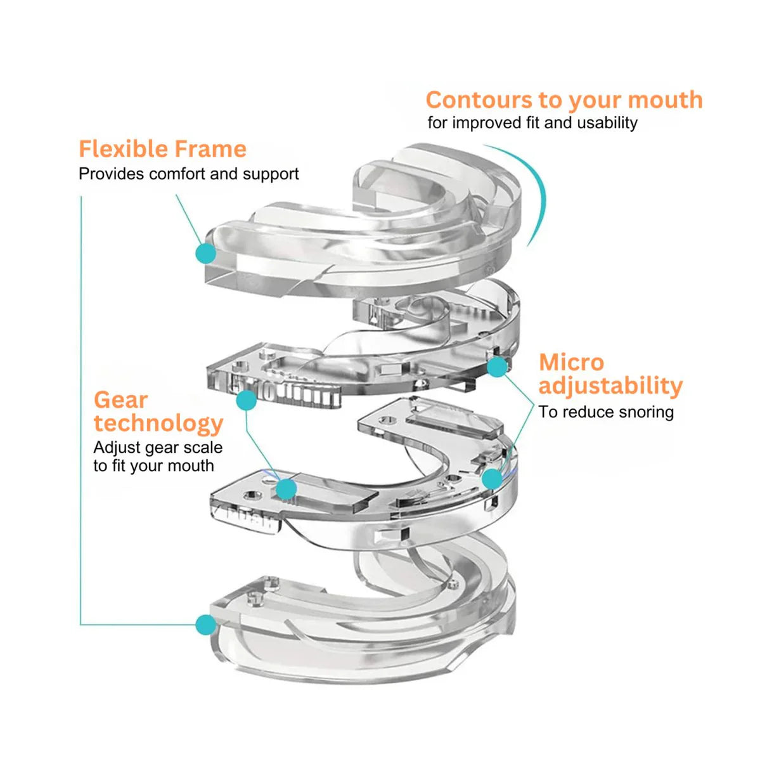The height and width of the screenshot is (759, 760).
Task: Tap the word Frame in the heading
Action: pos(210,149)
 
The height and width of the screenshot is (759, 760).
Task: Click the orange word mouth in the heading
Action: pos(665,100)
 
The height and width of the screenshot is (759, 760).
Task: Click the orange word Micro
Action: pos(571,363)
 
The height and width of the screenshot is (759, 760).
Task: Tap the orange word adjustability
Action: pos(610,386)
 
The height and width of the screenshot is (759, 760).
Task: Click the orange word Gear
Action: pos(120,400)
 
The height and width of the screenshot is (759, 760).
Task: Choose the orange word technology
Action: pos(158,423)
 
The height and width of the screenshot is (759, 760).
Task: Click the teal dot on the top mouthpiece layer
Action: pos(205,254)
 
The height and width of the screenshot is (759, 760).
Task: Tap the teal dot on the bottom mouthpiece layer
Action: pos(205,625)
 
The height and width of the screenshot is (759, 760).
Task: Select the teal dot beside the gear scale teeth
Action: pos(246,400)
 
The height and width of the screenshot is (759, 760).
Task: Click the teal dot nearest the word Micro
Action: pos(498,366)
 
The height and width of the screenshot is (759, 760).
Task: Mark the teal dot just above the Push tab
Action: pos(287,488)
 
